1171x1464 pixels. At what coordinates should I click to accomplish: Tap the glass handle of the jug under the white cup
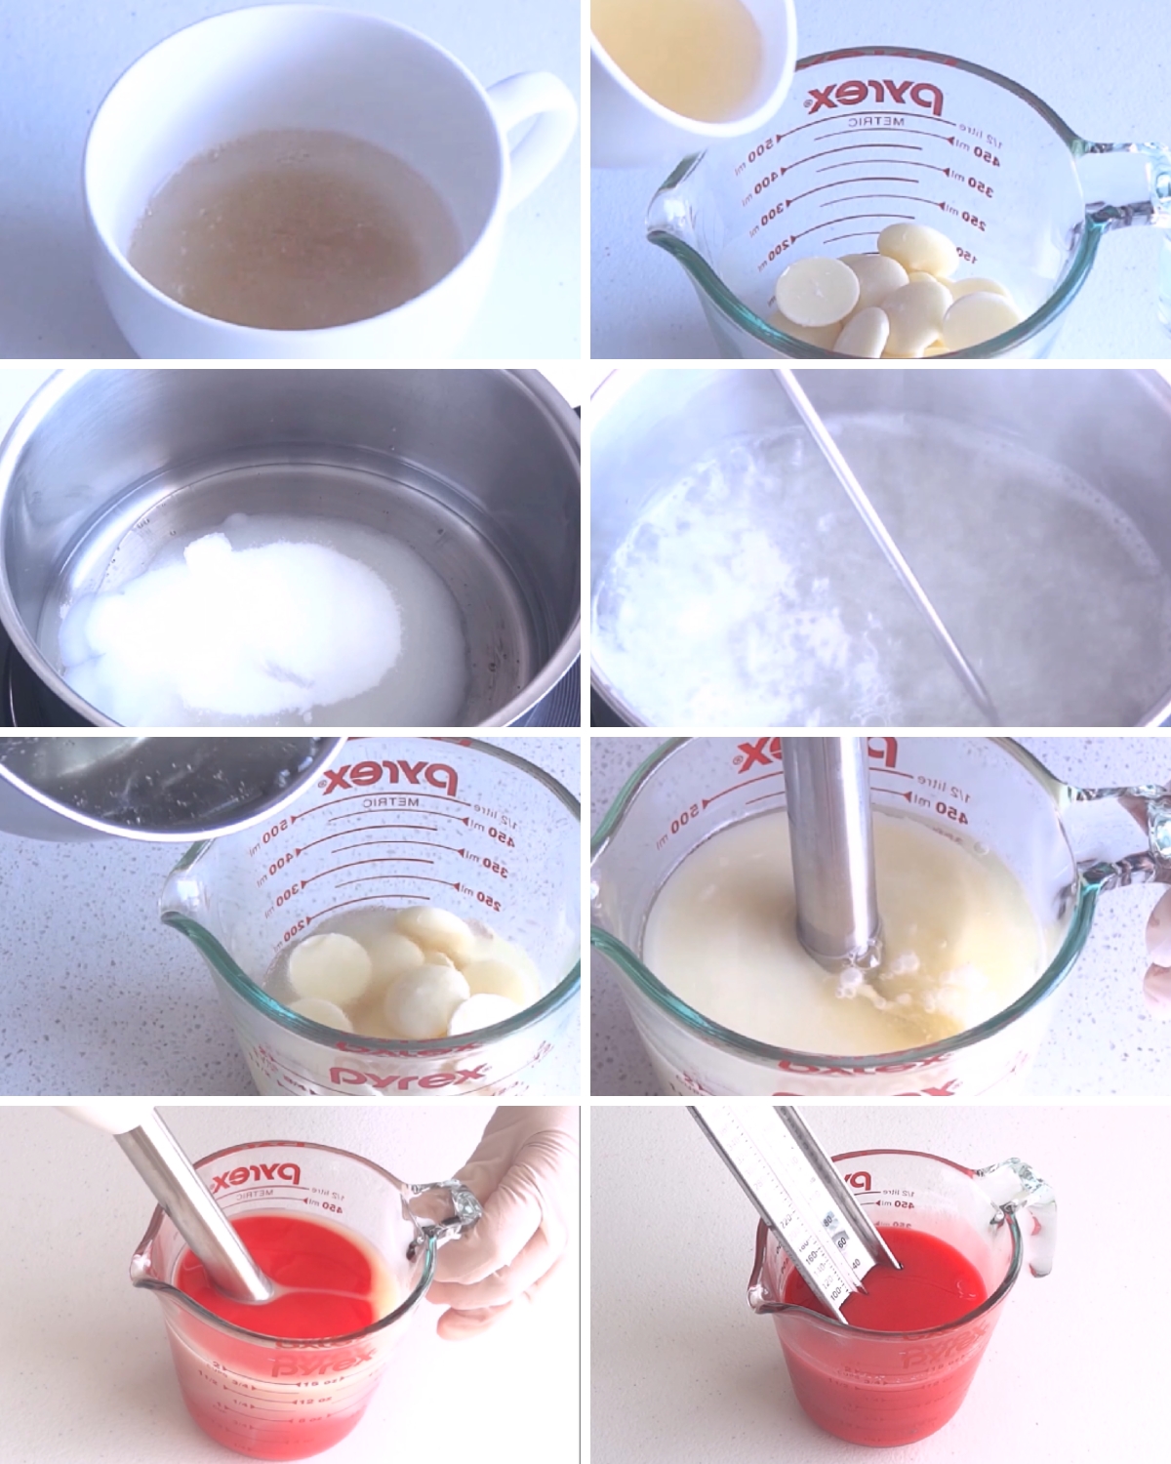click(x=1132, y=195)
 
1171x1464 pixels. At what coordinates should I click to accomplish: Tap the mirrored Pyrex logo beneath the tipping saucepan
click(x=390, y=778)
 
